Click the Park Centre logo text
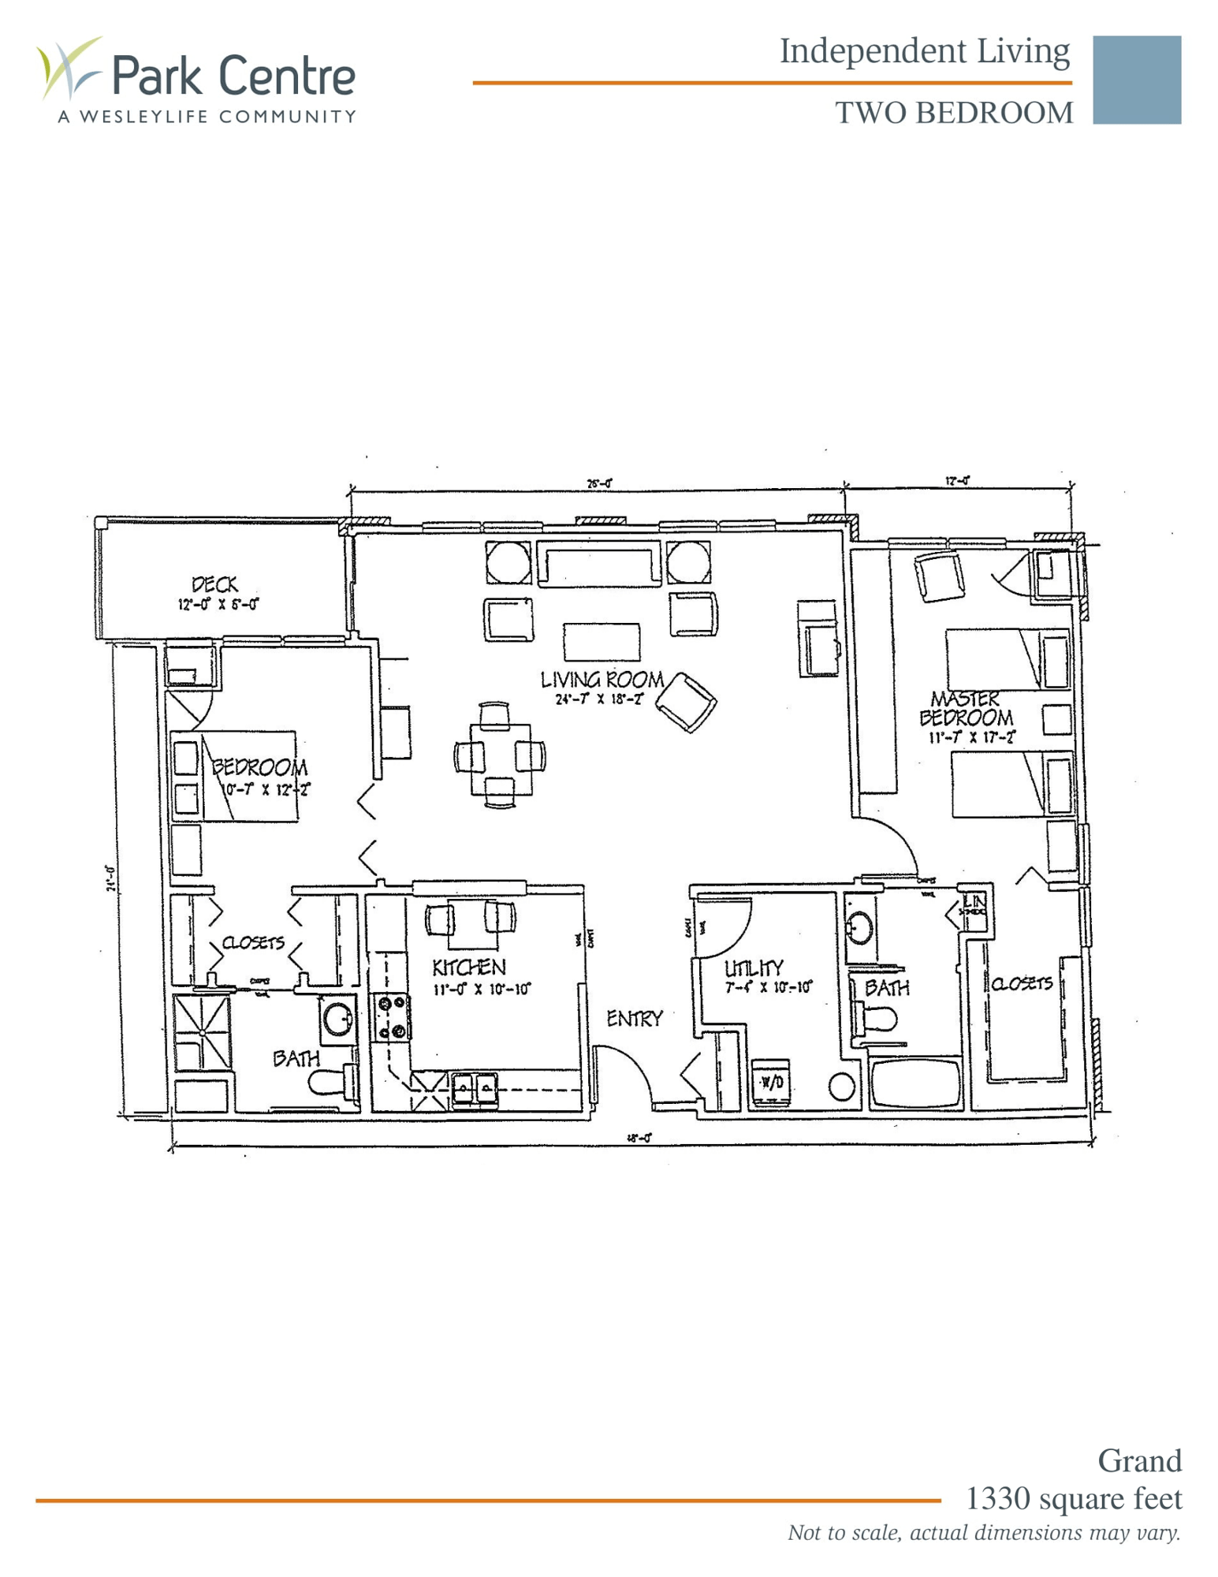click(x=233, y=76)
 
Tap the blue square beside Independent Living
click(x=1136, y=80)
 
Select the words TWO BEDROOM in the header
click(x=954, y=114)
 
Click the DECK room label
click(x=214, y=585)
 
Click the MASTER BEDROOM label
click(x=966, y=709)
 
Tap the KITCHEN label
click(x=468, y=967)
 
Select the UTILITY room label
click(x=754, y=967)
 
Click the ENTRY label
click(x=634, y=1019)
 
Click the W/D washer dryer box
click(x=771, y=1083)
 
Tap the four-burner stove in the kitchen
click(x=392, y=1017)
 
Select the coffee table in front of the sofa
click(x=602, y=641)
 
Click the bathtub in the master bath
click(x=915, y=1083)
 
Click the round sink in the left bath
click(x=337, y=1018)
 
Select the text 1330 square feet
click(x=1073, y=1499)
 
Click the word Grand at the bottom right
click(x=1139, y=1461)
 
